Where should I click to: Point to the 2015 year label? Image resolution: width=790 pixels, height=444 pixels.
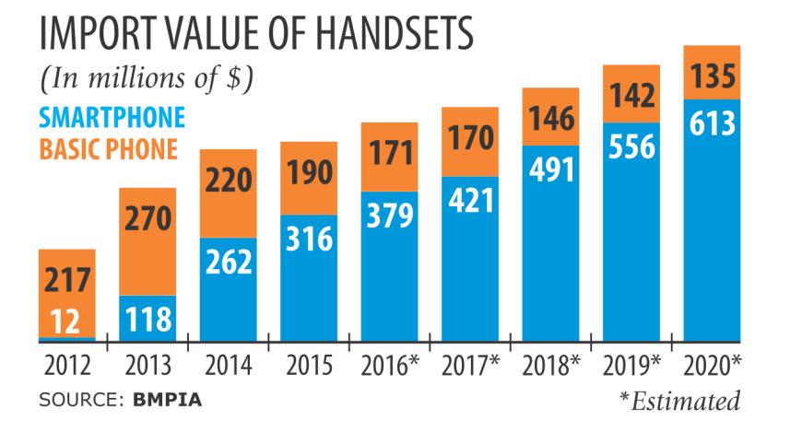[x=308, y=365]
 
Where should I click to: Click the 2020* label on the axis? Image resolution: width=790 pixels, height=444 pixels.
[x=712, y=365]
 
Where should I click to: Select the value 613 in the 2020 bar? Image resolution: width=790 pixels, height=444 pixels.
[x=712, y=123]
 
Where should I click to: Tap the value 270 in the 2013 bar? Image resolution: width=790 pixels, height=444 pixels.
[x=147, y=217]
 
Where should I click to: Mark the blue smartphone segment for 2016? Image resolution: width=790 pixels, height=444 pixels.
[x=389, y=267]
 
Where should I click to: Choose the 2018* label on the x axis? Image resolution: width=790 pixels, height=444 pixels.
[x=550, y=365]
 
